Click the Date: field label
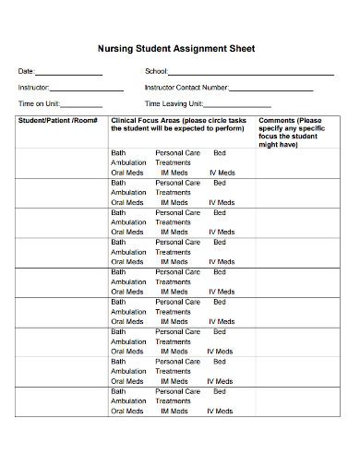point(26,72)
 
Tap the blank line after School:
point(250,73)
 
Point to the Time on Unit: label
point(38,104)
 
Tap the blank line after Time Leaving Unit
point(247,105)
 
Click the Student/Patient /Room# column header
point(58,121)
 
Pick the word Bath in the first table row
point(118,152)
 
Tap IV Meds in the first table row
point(221,173)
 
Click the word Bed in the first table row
point(219,152)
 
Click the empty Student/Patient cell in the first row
point(60,162)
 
